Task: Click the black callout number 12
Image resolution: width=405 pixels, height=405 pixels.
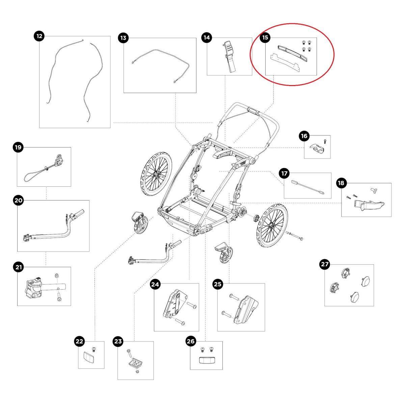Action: coord(40,36)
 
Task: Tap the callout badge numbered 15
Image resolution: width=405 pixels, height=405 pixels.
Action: coord(265,37)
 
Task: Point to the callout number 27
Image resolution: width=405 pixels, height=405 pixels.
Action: coord(325,264)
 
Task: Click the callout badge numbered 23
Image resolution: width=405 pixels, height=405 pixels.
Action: coord(118,341)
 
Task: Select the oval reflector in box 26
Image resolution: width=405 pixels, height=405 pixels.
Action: coord(207,360)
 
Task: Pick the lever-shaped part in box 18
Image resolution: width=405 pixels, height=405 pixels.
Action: coord(368,205)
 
